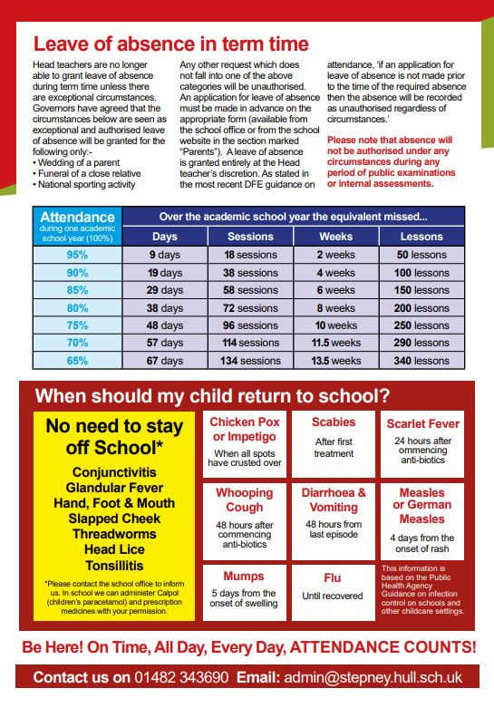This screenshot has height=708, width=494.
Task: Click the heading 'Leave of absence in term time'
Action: point(170,44)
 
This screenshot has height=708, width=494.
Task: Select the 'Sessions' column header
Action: point(251,236)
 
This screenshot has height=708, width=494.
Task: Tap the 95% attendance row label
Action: point(77,255)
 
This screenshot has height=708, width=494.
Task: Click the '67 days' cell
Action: point(165,360)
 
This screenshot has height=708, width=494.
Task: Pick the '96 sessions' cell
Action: point(251,325)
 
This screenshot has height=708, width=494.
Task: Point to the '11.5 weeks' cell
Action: point(335,343)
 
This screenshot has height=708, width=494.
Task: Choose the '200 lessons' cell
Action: point(421,308)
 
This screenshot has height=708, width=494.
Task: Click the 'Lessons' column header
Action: point(421,236)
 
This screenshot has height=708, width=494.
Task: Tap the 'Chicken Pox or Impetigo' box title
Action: point(245,430)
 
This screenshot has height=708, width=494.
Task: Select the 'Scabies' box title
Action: point(333,422)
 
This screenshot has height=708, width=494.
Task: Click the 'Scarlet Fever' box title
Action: point(421,423)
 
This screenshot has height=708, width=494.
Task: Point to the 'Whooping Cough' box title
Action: point(245,500)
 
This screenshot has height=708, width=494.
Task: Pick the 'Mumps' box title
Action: point(245,577)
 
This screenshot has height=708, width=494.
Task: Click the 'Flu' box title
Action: point(333,577)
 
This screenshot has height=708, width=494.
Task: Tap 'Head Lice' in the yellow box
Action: point(114,548)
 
